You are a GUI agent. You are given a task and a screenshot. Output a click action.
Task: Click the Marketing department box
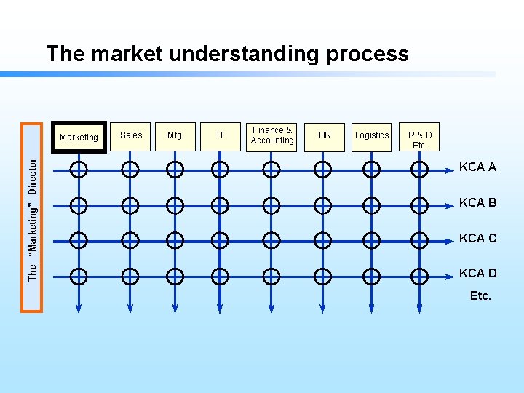click(x=79, y=137)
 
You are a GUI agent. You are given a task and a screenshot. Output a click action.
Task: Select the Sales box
click(x=131, y=135)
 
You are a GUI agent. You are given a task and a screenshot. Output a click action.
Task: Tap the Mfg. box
click(x=175, y=135)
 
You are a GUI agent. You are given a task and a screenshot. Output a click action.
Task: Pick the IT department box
click(x=220, y=135)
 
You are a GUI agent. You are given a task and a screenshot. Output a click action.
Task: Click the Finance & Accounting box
click(x=272, y=135)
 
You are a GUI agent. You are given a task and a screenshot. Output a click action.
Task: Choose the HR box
click(x=325, y=135)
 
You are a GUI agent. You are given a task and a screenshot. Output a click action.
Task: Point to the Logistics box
click(x=372, y=135)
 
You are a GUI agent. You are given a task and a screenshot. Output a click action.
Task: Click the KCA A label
click(x=477, y=167)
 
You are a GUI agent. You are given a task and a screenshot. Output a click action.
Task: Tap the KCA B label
click(x=477, y=202)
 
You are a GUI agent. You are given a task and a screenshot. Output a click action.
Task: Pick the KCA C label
click(x=477, y=238)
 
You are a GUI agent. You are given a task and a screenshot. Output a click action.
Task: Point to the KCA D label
click(x=477, y=273)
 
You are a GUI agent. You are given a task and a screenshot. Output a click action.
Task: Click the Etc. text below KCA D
click(x=480, y=295)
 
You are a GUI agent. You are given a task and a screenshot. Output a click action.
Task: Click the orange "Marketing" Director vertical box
click(x=32, y=218)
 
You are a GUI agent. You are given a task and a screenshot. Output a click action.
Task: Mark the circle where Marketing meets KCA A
click(x=79, y=170)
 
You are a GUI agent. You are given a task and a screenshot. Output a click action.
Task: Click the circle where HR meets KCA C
click(x=322, y=240)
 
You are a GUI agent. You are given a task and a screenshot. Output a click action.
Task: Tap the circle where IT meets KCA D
click(x=220, y=276)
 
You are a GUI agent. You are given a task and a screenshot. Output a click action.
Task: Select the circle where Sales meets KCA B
click(x=130, y=205)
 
